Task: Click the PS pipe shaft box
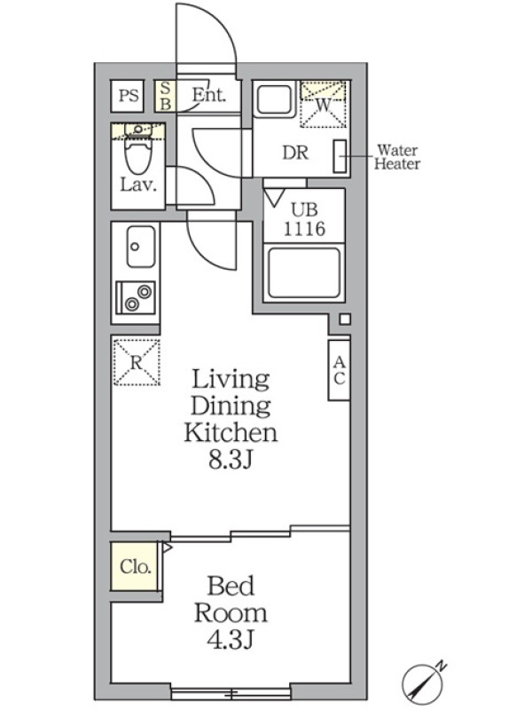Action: pos(128,96)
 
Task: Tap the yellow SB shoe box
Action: pos(165,96)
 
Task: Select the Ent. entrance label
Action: pos(208,95)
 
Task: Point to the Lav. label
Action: pos(138,185)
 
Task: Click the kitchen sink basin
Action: pos(141,247)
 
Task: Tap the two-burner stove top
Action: pos(136,297)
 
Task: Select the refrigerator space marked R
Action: pos(137,362)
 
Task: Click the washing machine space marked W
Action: pos(323,104)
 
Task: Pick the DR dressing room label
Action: pos(295,153)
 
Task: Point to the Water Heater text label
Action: pos(397,157)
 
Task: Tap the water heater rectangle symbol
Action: pos(340,156)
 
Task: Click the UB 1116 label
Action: pos(304,219)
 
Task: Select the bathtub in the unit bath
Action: pos(304,273)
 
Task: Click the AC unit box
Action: pos(339,370)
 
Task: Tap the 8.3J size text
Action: pos(230,461)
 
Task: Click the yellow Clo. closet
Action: pos(135,566)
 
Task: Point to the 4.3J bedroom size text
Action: pos(231,640)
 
